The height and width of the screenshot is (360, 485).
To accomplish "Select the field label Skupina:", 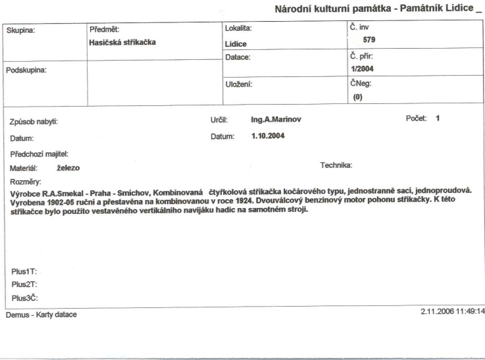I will (22, 30).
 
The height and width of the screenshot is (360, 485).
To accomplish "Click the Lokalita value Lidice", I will (236, 45).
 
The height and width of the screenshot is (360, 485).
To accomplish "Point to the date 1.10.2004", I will (268, 137).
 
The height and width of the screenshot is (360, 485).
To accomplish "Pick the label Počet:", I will (417, 118).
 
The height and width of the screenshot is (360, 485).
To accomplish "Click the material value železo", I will (68, 168).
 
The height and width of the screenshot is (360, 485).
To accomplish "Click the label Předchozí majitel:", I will (40, 153).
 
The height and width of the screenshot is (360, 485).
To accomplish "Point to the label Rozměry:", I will (26, 181).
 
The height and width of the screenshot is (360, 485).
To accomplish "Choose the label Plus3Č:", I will (24, 297).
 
